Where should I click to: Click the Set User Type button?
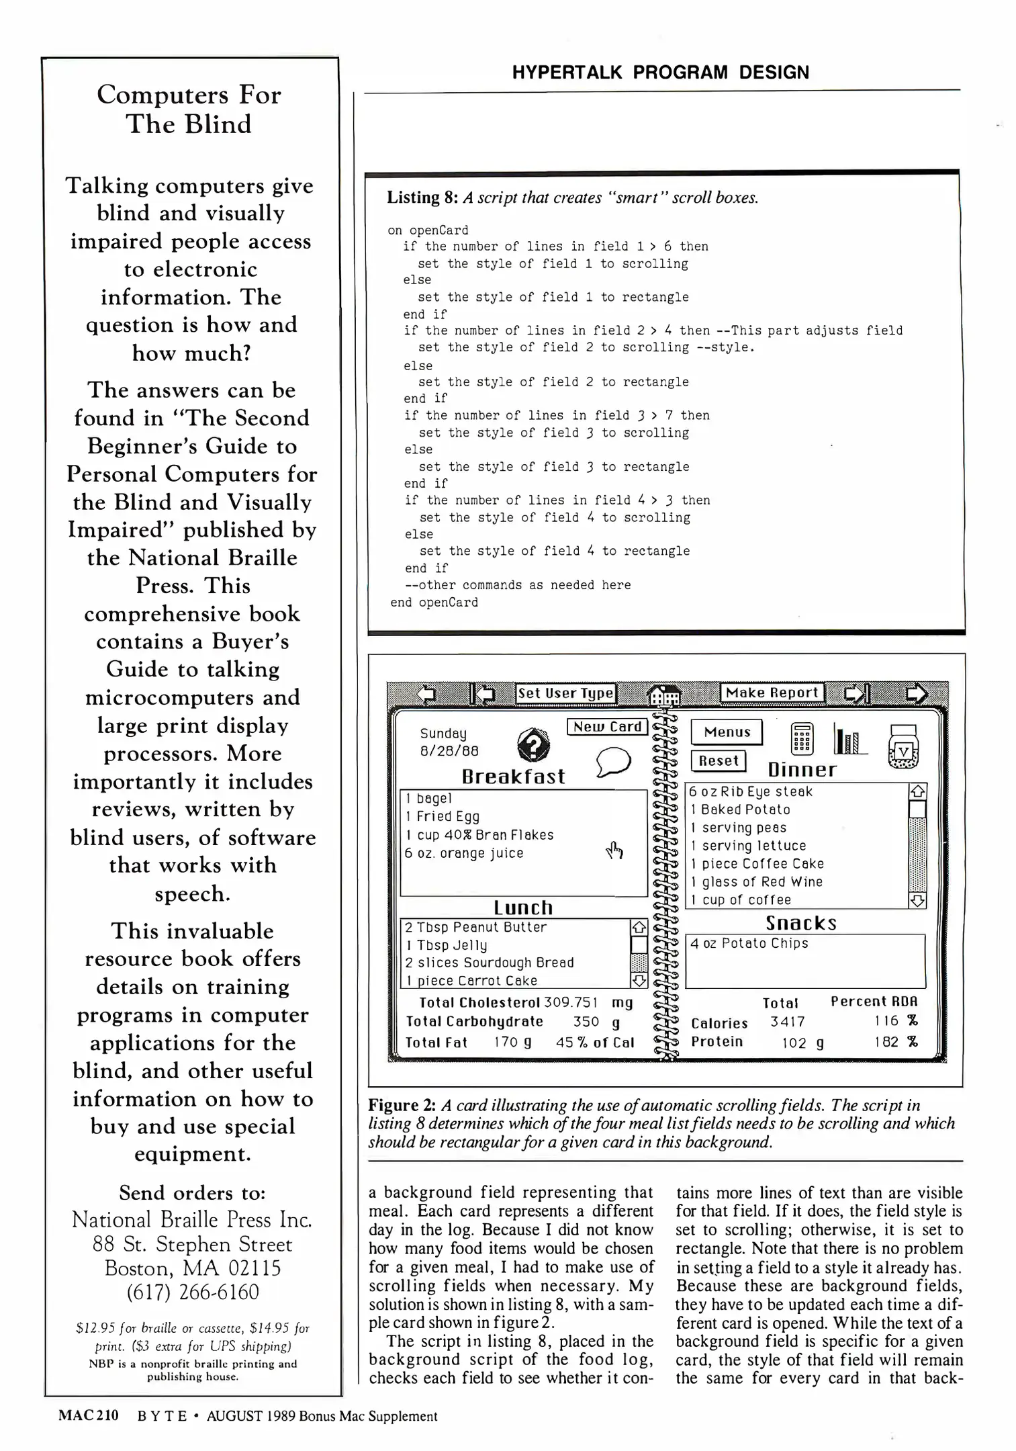pyautogui.click(x=565, y=693)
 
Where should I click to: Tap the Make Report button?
pyautogui.click(x=772, y=693)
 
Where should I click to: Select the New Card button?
pyautogui.click(x=608, y=727)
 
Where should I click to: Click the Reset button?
pyautogui.click(x=718, y=761)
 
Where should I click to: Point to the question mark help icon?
pyautogui.click(x=534, y=745)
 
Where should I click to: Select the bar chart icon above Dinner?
pyautogui.click(x=849, y=740)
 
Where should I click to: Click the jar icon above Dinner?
pyautogui.click(x=903, y=746)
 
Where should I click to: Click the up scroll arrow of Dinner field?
pyautogui.click(x=917, y=791)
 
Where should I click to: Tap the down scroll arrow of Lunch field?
pyautogui.click(x=639, y=981)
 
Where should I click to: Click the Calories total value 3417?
pyautogui.click(x=787, y=1022)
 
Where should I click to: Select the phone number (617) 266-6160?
pyautogui.click(x=192, y=1292)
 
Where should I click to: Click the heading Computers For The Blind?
pyautogui.click(x=189, y=109)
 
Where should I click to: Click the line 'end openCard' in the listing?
pyautogui.click(x=434, y=603)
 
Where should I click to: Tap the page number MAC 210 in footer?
pyautogui.click(x=88, y=1415)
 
